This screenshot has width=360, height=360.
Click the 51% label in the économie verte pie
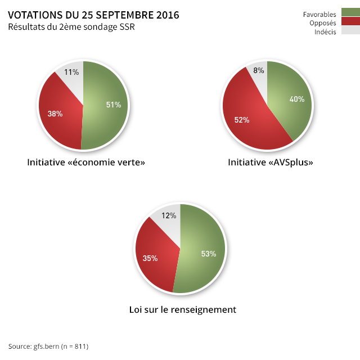click(114, 105)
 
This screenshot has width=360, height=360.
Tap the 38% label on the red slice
click(55, 114)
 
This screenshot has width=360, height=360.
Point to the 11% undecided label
click(71, 72)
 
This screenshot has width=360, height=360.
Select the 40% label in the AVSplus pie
click(297, 99)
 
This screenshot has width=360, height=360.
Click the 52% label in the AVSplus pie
click(242, 120)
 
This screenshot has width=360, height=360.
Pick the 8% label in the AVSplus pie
click(259, 70)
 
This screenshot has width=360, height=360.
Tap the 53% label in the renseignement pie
click(208, 254)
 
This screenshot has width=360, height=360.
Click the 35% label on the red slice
click(150, 258)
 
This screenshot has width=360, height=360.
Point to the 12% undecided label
click(169, 215)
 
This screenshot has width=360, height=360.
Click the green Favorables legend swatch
click(350, 13)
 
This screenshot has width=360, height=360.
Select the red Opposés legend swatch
click(350, 22)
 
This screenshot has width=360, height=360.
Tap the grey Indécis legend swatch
click(350, 31)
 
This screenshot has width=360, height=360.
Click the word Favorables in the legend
click(319, 14)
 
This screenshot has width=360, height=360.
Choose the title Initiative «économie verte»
click(86, 163)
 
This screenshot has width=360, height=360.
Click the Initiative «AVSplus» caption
click(271, 163)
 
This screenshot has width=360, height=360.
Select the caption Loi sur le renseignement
click(182, 309)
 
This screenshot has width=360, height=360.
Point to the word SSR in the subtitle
click(127, 27)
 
